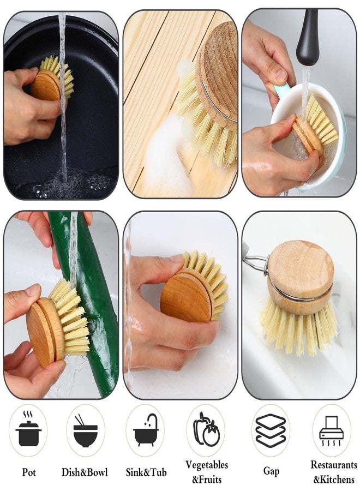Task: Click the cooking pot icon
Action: (28, 430)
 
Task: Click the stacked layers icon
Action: (271, 430)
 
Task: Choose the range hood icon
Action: (331, 430)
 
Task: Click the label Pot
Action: (29, 472)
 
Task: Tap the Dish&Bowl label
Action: (85, 472)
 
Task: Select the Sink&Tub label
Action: (146, 472)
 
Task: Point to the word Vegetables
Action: (207, 465)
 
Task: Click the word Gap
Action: (271, 471)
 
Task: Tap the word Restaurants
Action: (334, 464)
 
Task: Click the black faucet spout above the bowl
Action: (308, 38)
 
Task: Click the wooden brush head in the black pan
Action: (46, 85)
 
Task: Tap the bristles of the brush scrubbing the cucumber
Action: (72, 316)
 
